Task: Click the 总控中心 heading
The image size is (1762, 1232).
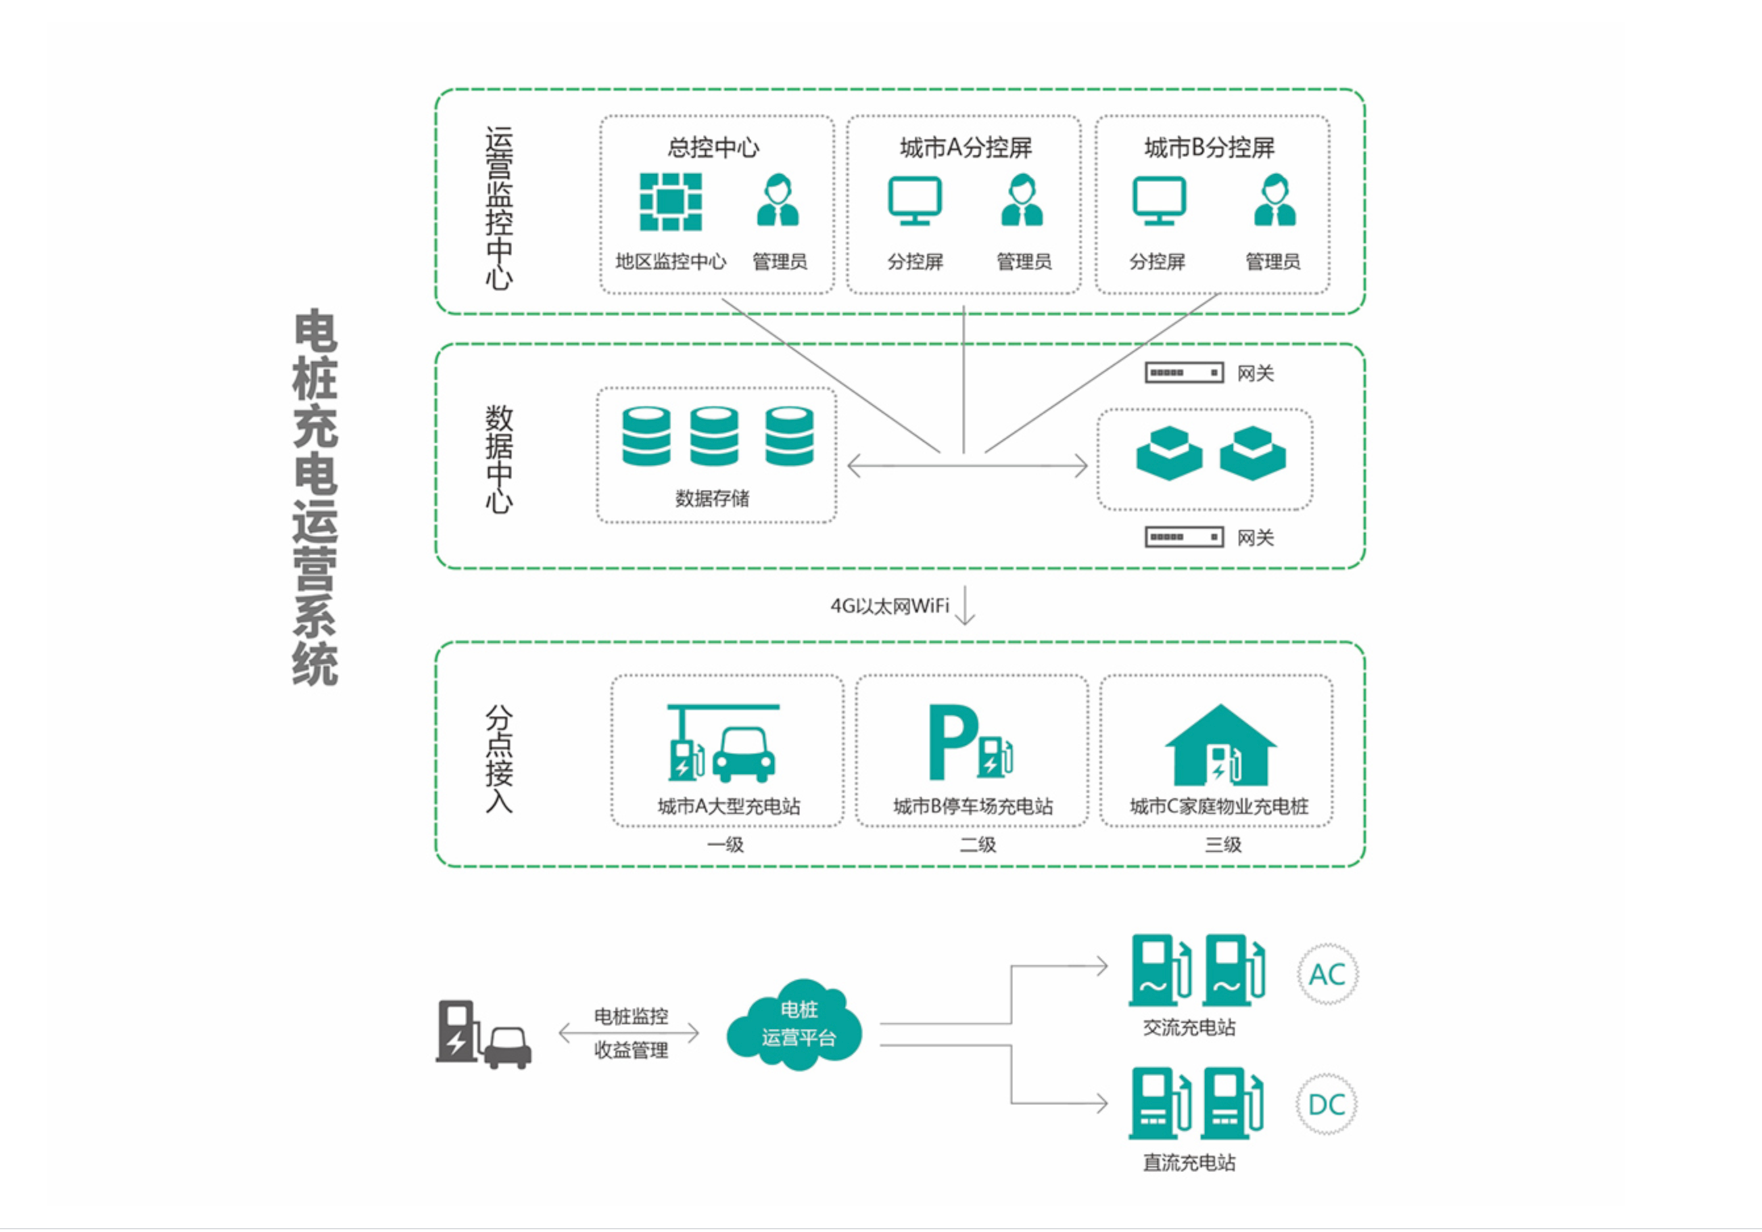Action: [713, 147]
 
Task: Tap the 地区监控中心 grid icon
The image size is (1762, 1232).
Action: [670, 202]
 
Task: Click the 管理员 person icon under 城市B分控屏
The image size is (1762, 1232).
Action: [1274, 201]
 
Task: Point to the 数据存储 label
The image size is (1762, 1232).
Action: [712, 499]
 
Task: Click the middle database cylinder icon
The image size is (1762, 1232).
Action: [714, 436]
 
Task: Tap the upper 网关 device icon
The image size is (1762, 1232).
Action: [1184, 373]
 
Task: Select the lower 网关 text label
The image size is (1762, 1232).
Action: [1256, 538]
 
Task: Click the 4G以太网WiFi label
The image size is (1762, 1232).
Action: [890, 606]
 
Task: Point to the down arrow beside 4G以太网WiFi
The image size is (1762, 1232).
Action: [965, 606]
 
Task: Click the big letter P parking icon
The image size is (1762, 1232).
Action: [953, 742]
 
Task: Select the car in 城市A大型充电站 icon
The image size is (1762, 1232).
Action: [744, 755]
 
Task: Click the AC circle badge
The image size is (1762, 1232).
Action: [1327, 975]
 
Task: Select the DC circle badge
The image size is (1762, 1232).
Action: [1326, 1105]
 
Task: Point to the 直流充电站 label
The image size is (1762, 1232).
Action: [1189, 1163]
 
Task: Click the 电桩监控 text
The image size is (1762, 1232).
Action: [631, 1016]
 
